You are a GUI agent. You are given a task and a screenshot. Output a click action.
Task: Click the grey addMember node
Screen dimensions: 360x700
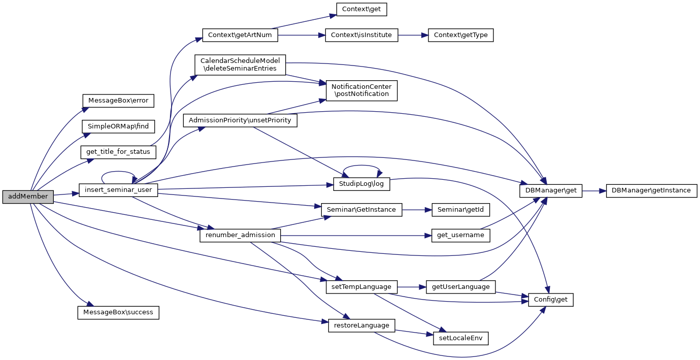point(28,197)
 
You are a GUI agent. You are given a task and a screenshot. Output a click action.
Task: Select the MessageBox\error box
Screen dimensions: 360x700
point(118,101)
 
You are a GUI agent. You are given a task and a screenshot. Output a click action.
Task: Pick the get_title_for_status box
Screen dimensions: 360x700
point(118,152)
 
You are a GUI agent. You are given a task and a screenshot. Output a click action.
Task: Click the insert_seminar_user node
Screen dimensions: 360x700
point(118,190)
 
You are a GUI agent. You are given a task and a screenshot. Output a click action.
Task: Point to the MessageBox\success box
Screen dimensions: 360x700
point(118,312)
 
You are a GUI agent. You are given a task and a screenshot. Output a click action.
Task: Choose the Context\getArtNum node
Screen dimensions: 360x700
point(240,35)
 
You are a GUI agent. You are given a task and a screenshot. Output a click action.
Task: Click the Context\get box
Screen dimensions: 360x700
point(361,9)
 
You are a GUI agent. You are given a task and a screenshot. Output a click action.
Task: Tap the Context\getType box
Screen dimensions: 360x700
point(461,35)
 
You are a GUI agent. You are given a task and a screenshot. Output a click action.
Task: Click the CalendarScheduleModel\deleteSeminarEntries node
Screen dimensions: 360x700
point(240,65)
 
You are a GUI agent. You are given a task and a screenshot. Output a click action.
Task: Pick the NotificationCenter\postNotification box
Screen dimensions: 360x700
point(361,90)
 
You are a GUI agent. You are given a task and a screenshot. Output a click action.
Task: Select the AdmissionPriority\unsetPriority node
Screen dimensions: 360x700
point(240,120)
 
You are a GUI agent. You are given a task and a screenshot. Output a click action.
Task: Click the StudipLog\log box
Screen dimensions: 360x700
point(361,184)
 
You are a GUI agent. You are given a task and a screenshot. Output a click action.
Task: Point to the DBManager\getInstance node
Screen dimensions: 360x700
point(651,190)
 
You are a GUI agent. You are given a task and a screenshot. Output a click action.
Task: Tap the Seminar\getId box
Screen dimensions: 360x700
point(461,209)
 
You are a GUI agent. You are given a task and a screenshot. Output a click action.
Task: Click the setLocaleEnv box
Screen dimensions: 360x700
point(461,338)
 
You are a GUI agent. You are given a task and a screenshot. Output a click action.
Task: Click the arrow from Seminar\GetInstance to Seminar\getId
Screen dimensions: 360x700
point(416,209)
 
